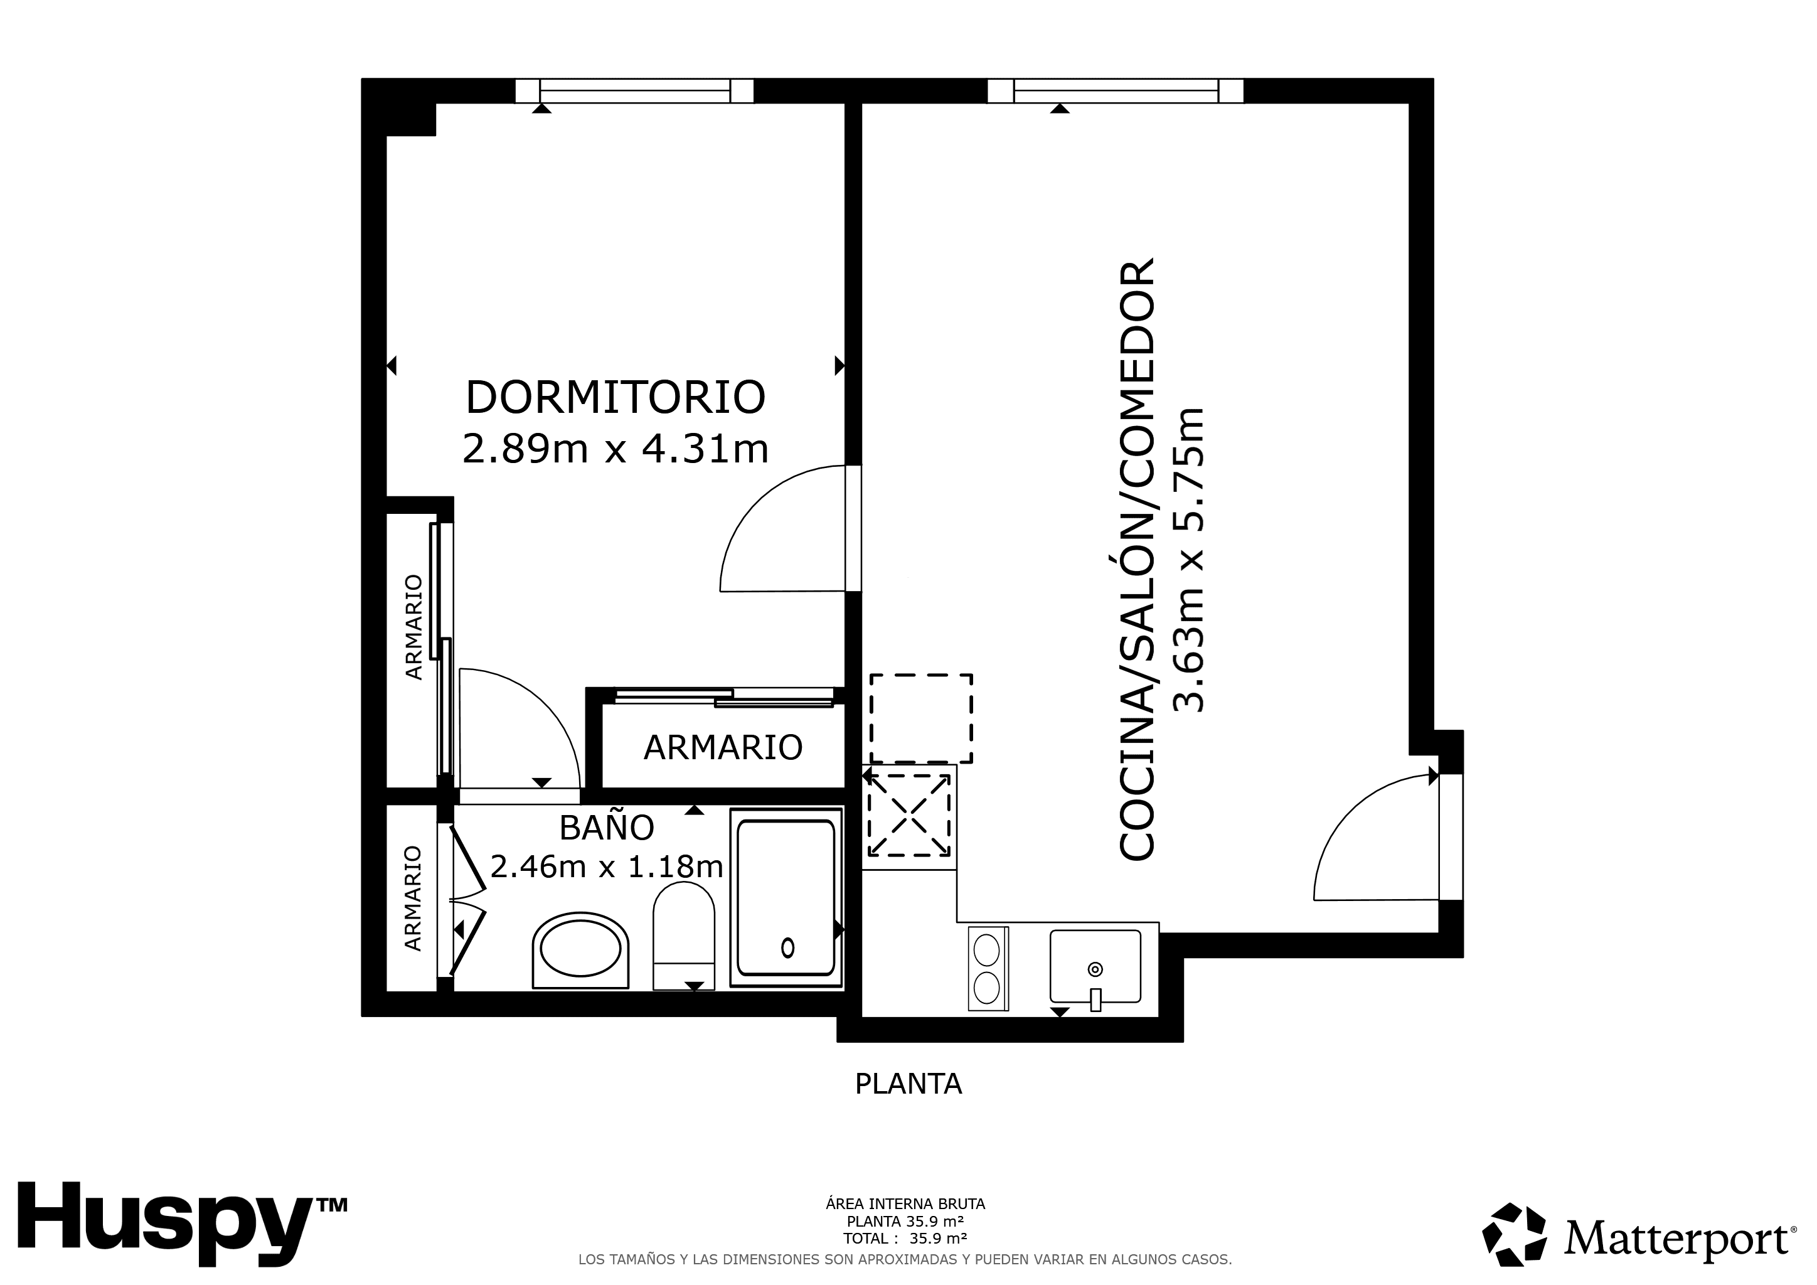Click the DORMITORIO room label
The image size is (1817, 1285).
[x=615, y=397]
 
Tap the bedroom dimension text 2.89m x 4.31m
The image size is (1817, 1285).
[x=615, y=449]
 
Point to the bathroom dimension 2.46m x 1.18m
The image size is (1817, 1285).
[x=606, y=866]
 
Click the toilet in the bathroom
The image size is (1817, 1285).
[x=683, y=936]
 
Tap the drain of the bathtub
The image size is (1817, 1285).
[x=787, y=947]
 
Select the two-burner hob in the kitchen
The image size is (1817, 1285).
[x=988, y=969]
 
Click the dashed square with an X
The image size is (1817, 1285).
[x=909, y=815]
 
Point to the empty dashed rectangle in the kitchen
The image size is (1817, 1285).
[x=921, y=718]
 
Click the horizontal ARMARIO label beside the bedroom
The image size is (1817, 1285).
[x=723, y=747]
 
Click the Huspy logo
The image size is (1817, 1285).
[x=182, y=1225]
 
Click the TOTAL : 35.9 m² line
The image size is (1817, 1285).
[x=905, y=1239]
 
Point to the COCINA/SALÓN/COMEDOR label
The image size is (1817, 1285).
[x=1138, y=558]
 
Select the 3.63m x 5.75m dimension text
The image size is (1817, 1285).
[x=1189, y=560]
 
